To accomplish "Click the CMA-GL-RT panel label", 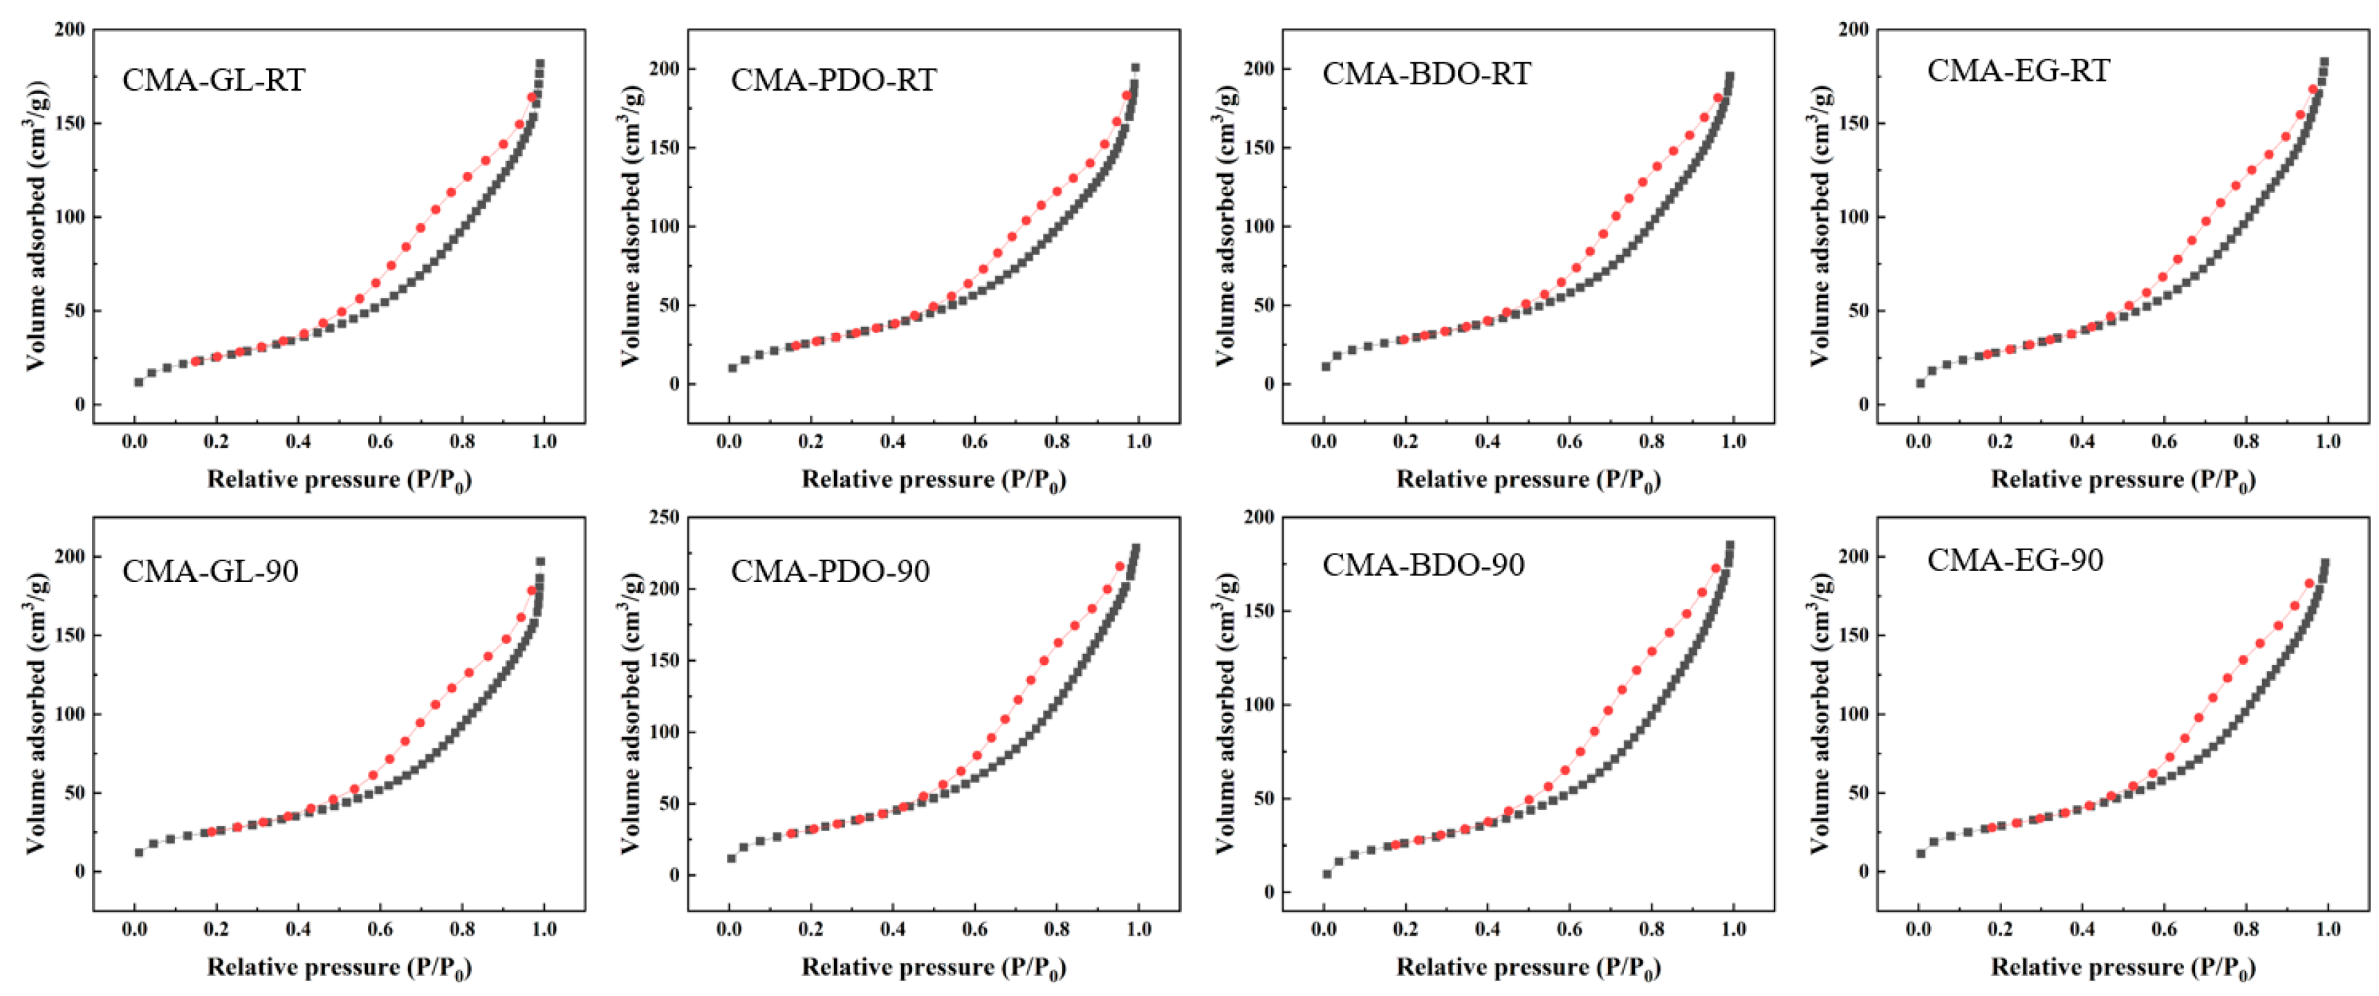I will click(213, 80).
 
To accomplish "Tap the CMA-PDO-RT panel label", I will click(833, 80).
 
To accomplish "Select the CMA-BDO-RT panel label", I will click(1426, 74).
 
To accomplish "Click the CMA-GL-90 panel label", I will click(210, 572).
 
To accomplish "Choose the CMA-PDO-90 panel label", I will click(829, 572).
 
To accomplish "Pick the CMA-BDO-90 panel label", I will click(1423, 565).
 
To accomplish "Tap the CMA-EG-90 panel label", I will click(2015, 561).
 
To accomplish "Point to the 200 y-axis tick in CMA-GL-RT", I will click(69, 30).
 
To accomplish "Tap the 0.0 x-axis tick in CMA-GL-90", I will click(134, 930).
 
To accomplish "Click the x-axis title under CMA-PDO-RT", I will click(933, 480).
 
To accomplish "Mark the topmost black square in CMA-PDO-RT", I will click(1135, 67).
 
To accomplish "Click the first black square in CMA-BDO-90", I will click(1327, 873).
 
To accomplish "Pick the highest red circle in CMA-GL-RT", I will click(532, 97).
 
